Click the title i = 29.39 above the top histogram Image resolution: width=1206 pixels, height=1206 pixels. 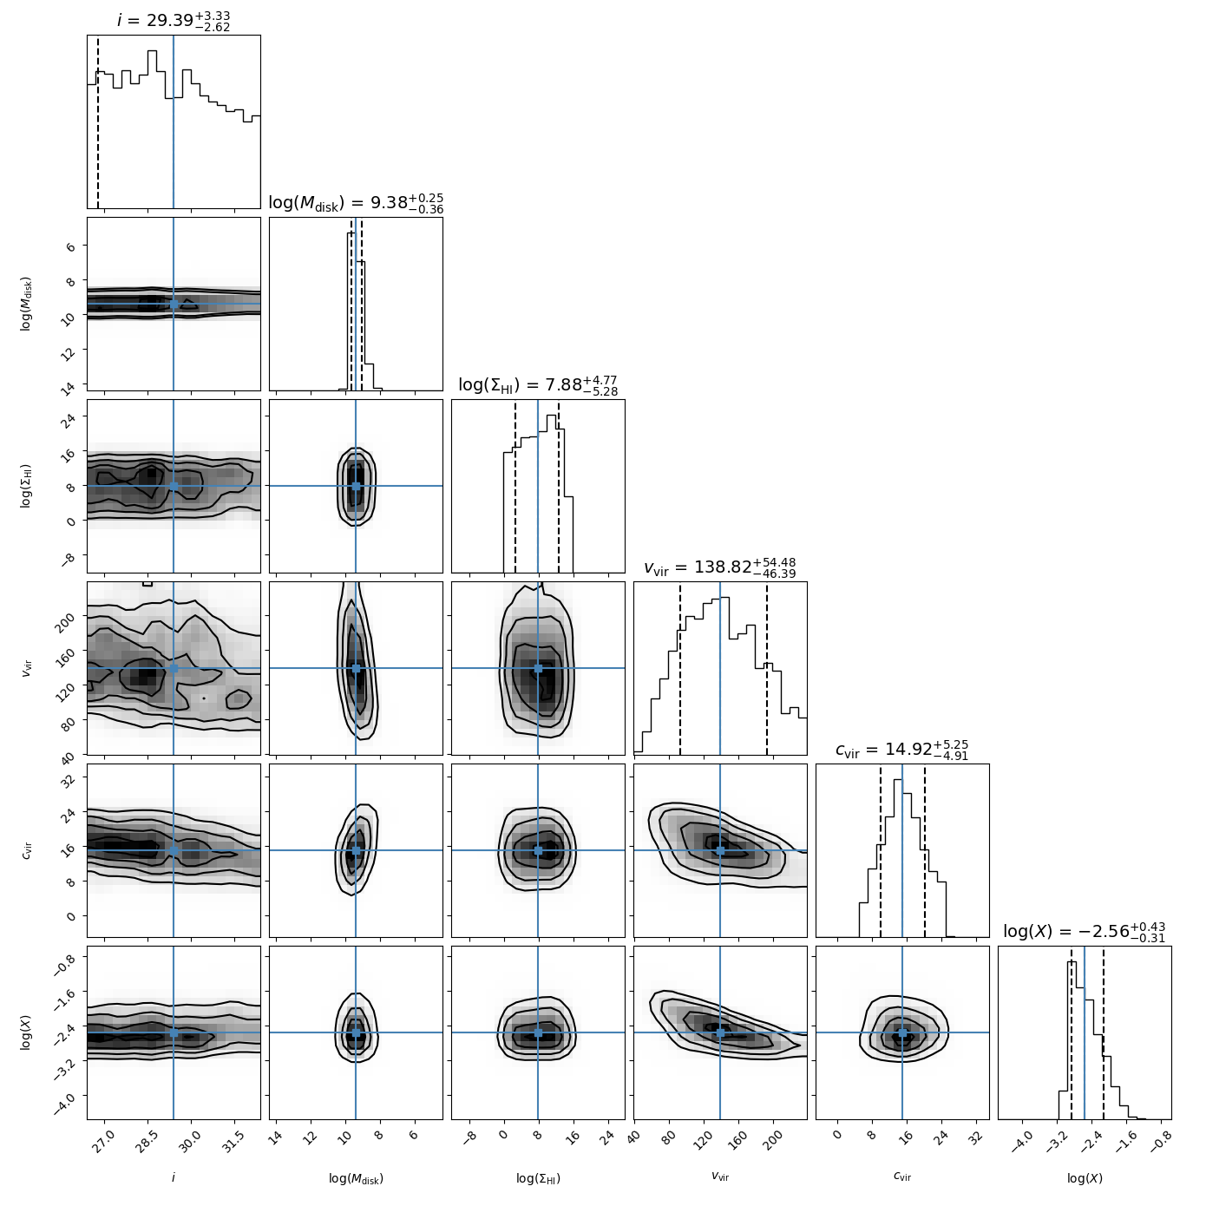[x=174, y=20]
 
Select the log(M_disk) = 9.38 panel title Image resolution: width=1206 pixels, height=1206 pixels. [x=356, y=203]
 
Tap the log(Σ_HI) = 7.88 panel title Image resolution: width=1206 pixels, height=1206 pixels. [x=538, y=384]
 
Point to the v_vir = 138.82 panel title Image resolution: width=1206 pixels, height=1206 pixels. [x=720, y=567]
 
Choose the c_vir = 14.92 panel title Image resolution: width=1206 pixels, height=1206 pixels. [x=902, y=750]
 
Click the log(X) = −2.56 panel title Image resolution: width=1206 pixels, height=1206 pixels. [x=1085, y=932]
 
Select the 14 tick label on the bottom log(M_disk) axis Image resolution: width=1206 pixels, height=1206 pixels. [x=274, y=1136]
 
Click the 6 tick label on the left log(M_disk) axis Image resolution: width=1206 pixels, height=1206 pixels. [x=70, y=246]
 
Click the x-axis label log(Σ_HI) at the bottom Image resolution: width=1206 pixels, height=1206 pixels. [x=538, y=1178]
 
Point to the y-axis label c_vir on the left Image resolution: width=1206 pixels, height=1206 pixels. [x=27, y=850]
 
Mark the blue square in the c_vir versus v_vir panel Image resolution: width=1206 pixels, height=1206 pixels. [x=720, y=850]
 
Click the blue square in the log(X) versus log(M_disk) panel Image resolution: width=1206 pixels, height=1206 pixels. [x=356, y=1032]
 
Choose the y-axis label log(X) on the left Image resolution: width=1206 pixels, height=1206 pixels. [x=27, y=1032]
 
